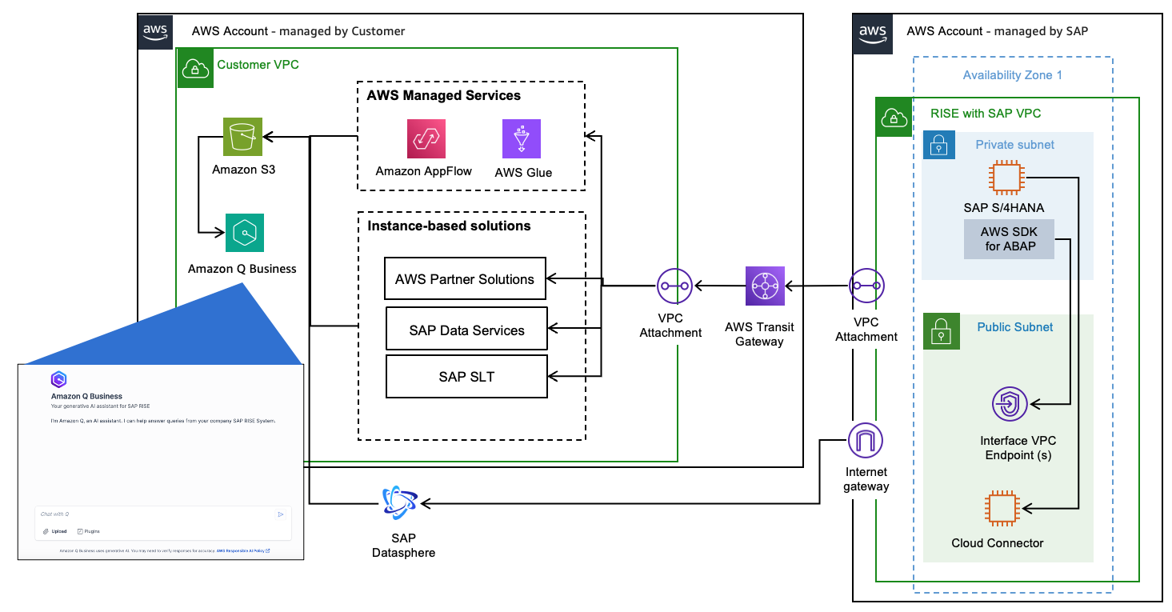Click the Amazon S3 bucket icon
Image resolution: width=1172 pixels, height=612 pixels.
[x=242, y=138]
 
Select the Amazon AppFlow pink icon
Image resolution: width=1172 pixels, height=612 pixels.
[x=426, y=139]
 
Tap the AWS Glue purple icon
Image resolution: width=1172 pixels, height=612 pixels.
[x=522, y=139]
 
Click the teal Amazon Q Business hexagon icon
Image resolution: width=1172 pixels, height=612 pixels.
[x=244, y=233]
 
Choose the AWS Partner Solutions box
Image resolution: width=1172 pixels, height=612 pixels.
[x=465, y=279]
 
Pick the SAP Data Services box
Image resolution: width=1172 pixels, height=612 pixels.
[x=466, y=330]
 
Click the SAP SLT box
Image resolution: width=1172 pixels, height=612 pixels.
[x=466, y=377]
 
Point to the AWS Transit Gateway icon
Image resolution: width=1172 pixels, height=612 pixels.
[x=765, y=286]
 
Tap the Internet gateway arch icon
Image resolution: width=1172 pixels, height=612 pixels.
[x=866, y=440]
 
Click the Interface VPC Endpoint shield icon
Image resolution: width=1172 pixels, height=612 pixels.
[x=1010, y=403]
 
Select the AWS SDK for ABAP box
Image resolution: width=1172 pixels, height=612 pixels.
[x=1009, y=239]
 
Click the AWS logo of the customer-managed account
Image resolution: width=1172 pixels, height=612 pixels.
[x=155, y=32]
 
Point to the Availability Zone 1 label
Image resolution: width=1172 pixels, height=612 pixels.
[x=1012, y=75]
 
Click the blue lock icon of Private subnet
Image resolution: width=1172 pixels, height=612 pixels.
[x=939, y=146]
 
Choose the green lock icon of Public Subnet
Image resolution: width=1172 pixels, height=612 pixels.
[x=940, y=330]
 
